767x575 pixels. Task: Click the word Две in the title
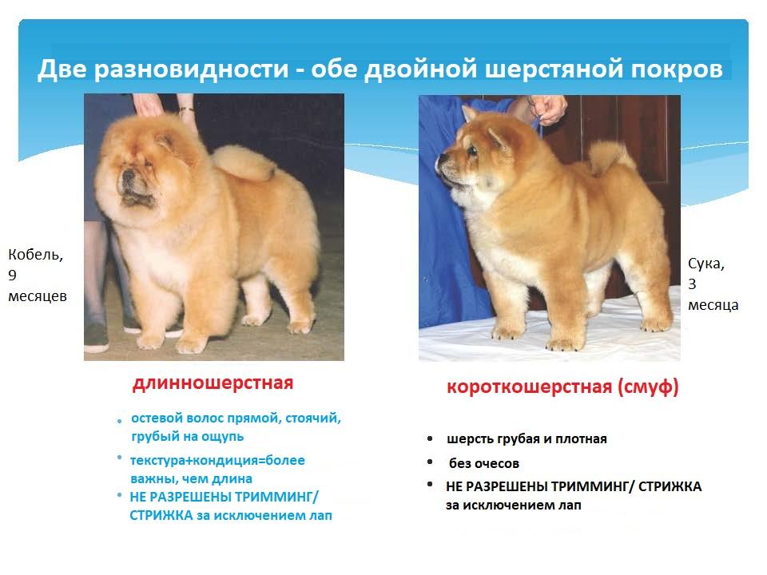pyautogui.click(x=62, y=69)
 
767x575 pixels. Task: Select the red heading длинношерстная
pyautogui.click(x=213, y=383)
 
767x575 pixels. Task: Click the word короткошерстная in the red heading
pyautogui.click(x=529, y=387)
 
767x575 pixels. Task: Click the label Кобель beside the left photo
pyautogui.click(x=35, y=255)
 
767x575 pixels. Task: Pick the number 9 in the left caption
pyautogui.click(x=12, y=276)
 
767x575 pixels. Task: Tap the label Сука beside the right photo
pyautogui.click(x=705, y=264)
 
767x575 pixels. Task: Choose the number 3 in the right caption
pyautogui.click(x=692, y=284)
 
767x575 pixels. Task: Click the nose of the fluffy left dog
pyautogui.click(x=128, y=174)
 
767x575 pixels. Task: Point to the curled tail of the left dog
pyautogui.click(x=244, y=162)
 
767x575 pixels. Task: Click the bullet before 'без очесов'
pyautogui.click(x=430, y=462)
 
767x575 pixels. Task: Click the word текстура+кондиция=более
pyautogui.click(x=217, y=461)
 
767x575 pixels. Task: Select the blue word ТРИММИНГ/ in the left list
pyautogui.click(x=276, y=497)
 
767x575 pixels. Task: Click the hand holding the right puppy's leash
pyautogui.click(x=549, y=109)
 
